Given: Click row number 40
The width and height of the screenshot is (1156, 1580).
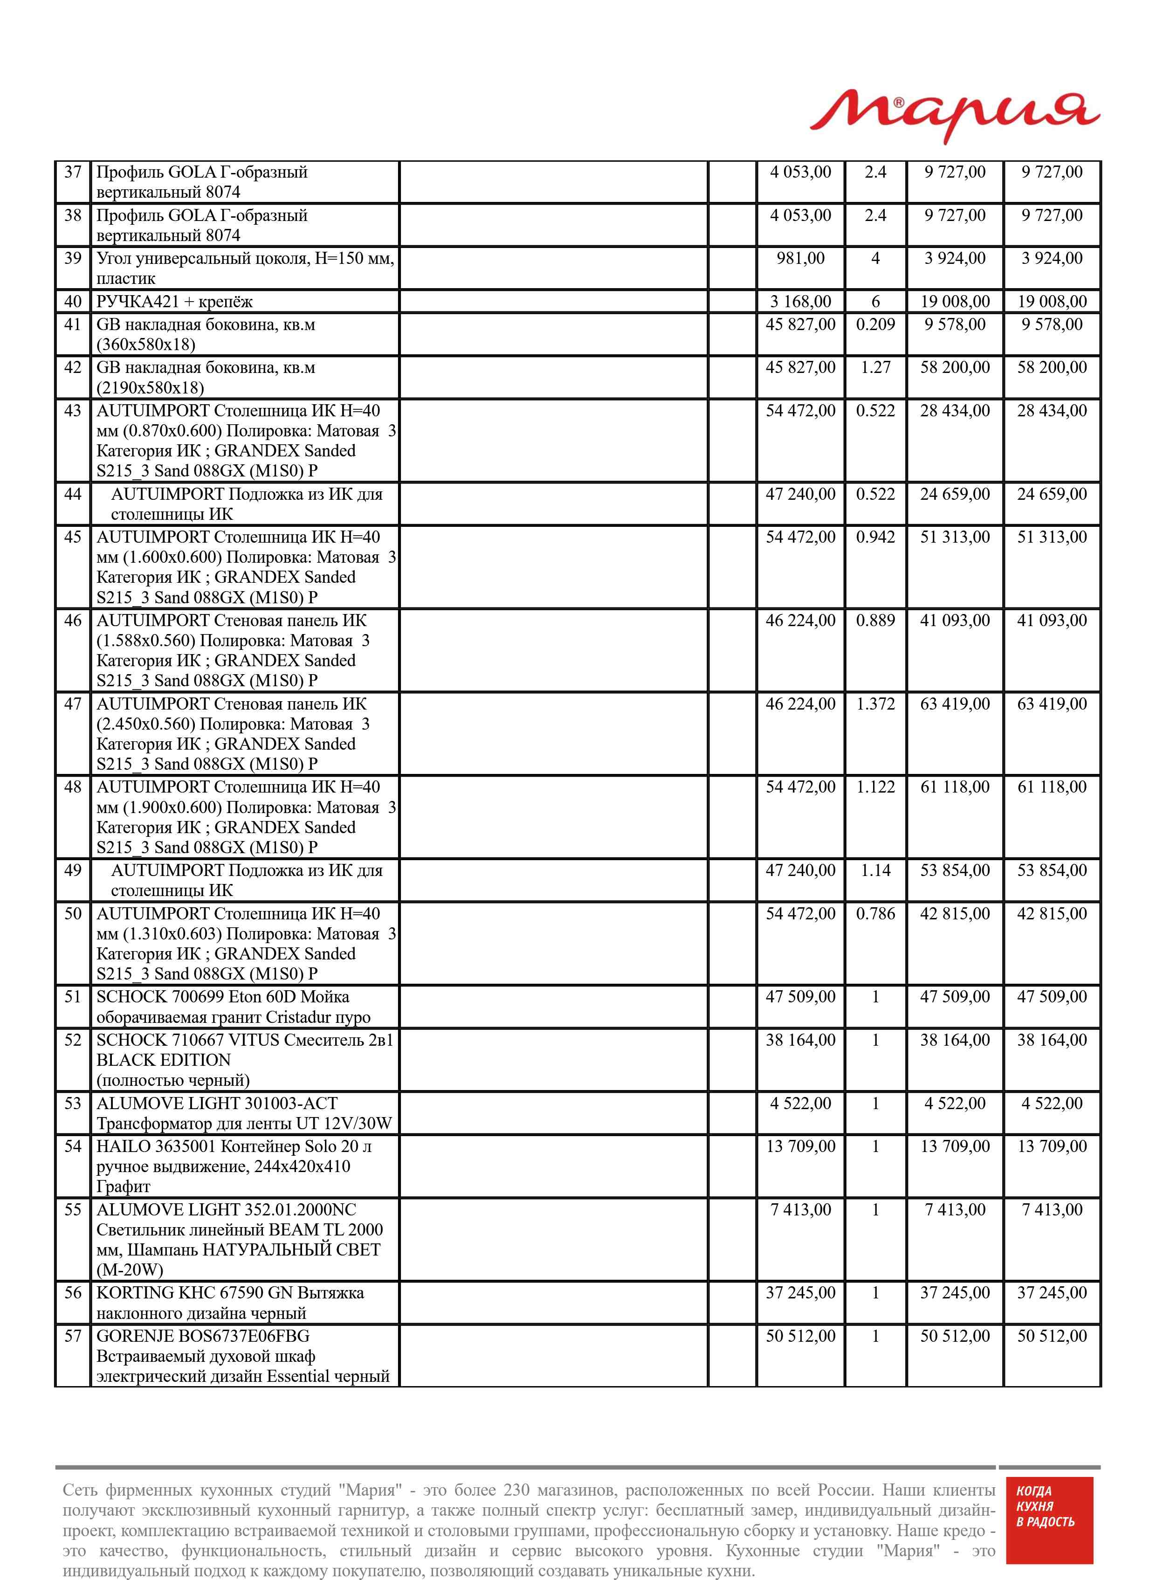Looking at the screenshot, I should (73, 302).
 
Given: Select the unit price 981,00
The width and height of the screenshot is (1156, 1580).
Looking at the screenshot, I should (800, 258).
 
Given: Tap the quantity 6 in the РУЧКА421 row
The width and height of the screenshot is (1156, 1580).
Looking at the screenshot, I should (875, 302).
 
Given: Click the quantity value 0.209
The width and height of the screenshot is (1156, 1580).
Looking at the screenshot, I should (875, 324).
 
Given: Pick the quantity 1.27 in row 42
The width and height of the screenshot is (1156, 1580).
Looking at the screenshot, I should (875, 367).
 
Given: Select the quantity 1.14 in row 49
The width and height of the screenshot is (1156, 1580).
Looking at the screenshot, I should (875, 870).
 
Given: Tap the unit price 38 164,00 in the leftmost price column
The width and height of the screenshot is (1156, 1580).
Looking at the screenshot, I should (800, 1040).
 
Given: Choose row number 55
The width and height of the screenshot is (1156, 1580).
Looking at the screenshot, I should (73, 1209).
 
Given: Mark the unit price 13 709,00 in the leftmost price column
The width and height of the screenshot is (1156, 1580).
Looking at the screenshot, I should (800, 1146).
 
